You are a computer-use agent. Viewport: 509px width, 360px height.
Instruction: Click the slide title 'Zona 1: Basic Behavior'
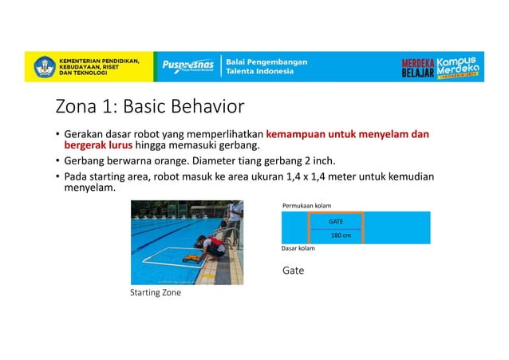pyautogui.click(x=149, y=107)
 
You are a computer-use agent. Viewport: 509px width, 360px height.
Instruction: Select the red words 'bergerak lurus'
pyautogui.click(x=98, y=146)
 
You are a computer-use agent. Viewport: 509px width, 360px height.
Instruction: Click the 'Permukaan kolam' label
pyautogui.click(x=306, y=205)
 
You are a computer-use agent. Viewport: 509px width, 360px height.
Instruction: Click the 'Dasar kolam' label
pyautogui.click(x=298, y=248)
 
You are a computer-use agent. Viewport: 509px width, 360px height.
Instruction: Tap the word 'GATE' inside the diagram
pyautogui.click(x=337, y=220)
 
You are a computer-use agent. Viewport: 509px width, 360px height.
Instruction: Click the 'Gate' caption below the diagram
pyautogui.click(x=293, y=271)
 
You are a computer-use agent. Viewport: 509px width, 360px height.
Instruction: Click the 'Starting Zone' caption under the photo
pyautogui.click(x=155, y=293)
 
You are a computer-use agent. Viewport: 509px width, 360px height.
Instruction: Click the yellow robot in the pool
pyautogui.click(x=191, y=257)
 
